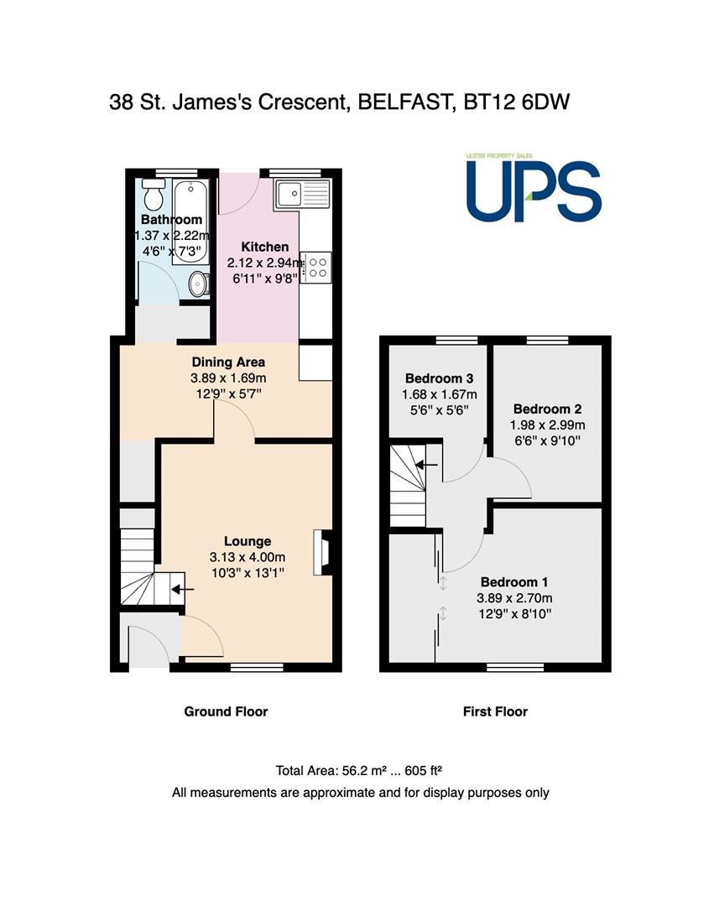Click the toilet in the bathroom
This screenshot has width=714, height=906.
tap(154, 194)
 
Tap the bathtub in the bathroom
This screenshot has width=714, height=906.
tap(190, 221)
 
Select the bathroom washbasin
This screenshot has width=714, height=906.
tap(200, 284)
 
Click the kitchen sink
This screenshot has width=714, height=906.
tap(302, 194)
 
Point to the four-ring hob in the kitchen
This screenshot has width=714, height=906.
tap(316, 268)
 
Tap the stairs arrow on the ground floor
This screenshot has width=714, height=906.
tap(183, 590)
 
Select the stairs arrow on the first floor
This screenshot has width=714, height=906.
tap(427, 464)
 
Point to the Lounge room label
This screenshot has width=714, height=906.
tap(248, 541)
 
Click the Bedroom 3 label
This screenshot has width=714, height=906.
tap(439, 378)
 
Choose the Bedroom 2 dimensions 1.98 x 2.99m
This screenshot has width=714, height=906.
tap(547, 425)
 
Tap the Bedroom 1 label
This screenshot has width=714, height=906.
tap(514, 582)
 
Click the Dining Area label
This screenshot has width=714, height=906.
tap(228, 362)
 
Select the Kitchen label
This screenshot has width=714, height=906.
tap(264, 247)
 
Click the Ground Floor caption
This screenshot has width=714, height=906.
tap(226, 711)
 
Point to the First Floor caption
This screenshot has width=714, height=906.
tap(495, 711)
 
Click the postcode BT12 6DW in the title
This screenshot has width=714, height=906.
tap(517, 102)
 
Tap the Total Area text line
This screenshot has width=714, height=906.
tap(359, 770)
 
